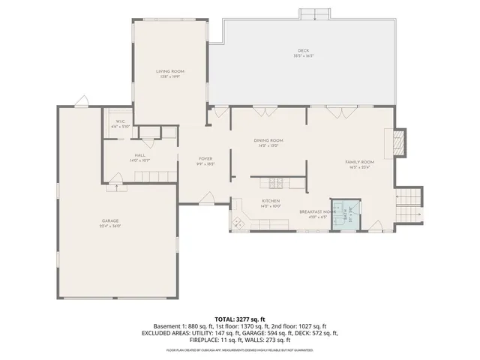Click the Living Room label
coord(170,73)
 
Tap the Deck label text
coord(304,53)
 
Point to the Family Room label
coord(359,164)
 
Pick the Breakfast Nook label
coord(315,213)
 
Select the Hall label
coord(119,157)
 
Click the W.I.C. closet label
coord(121,124)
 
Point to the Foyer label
coord(205,160)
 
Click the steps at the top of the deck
coord(315,14)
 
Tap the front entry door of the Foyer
coord(207,198)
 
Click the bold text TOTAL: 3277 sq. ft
coord(240,319)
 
